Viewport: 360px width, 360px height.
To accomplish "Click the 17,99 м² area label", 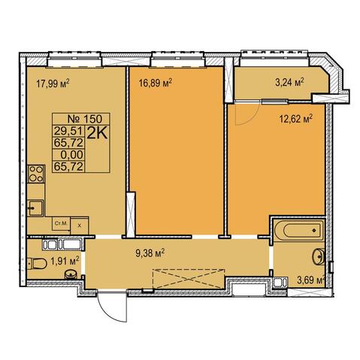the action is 53,83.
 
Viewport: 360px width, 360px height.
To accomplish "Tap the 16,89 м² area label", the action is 156,83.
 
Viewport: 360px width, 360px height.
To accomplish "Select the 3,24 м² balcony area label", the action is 289,83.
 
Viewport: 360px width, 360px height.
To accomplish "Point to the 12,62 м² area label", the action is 295,119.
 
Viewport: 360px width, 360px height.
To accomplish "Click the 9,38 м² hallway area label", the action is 150,253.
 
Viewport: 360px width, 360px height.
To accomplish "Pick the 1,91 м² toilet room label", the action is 65,262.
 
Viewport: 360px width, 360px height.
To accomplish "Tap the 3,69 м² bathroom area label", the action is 310,280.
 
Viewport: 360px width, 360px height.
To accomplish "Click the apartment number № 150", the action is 85,119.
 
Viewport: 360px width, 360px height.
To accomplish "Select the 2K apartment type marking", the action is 97,133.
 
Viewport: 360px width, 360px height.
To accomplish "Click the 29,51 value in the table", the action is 68,131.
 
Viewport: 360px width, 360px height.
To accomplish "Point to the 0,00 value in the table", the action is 71,155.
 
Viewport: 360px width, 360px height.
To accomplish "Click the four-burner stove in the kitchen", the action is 36,174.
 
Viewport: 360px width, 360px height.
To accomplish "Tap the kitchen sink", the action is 35,207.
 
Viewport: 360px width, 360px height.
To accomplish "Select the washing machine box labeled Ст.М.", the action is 61,224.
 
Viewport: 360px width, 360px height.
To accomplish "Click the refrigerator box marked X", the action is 80,225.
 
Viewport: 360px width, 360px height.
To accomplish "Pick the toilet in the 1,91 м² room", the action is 37,264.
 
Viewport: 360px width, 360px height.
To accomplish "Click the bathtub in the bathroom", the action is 298,230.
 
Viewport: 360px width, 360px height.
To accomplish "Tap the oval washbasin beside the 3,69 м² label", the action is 319,256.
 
